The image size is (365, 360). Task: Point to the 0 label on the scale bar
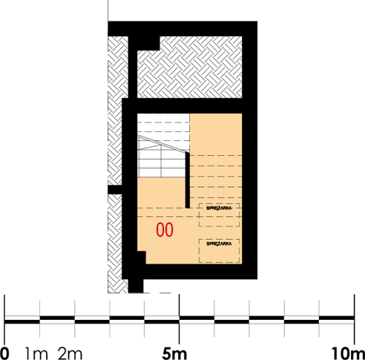(6, 351)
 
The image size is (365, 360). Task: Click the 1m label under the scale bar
(36, 351)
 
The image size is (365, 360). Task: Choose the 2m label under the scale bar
(70, 351)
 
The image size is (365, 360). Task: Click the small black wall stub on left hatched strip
(114, 190)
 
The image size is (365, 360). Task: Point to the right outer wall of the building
(251, 148)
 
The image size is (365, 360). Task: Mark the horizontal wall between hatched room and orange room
(189, 105)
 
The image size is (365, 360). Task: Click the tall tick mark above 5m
(180, 304)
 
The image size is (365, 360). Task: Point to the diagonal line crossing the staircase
(162, 146)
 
